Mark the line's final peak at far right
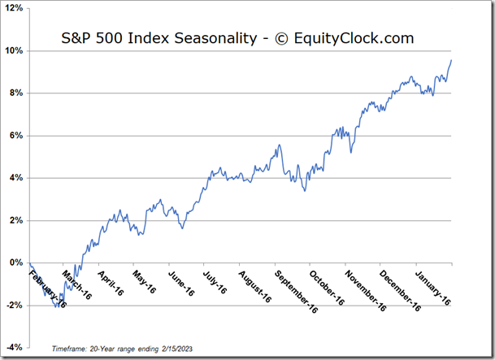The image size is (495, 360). click(452, 60)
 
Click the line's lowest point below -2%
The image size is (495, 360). click(57, 307)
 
